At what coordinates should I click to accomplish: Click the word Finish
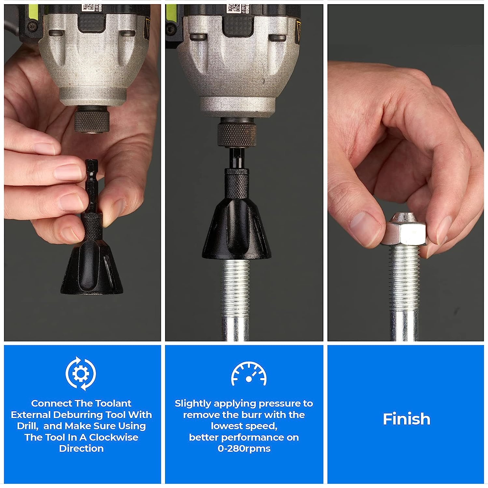[x=406, y=419]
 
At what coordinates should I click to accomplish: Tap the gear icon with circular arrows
[x=80, y=373]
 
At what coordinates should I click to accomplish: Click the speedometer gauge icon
[x=249, y=374]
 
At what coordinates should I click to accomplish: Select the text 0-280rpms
[x=244, y=448]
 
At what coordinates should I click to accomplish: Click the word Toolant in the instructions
[x=114, y=403]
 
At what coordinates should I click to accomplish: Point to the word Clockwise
[x=114, y=437]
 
